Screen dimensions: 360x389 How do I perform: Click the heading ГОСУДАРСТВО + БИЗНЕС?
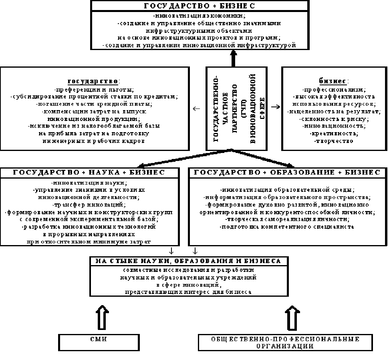(200, 6)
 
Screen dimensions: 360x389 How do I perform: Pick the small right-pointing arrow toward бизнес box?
(275, 107)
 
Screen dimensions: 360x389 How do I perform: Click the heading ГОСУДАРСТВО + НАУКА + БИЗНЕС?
(89, 172)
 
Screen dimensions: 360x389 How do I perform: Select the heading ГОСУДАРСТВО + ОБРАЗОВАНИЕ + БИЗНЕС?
(287, 172)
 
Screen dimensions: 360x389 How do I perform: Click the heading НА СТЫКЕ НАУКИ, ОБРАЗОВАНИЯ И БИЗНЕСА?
(188, 261)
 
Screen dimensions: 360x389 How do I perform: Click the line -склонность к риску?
(334, 119)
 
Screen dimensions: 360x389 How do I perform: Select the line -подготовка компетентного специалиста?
(287, 227)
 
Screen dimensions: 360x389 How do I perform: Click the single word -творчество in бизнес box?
(334, 141)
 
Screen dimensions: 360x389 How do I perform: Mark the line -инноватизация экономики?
(199, 16)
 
